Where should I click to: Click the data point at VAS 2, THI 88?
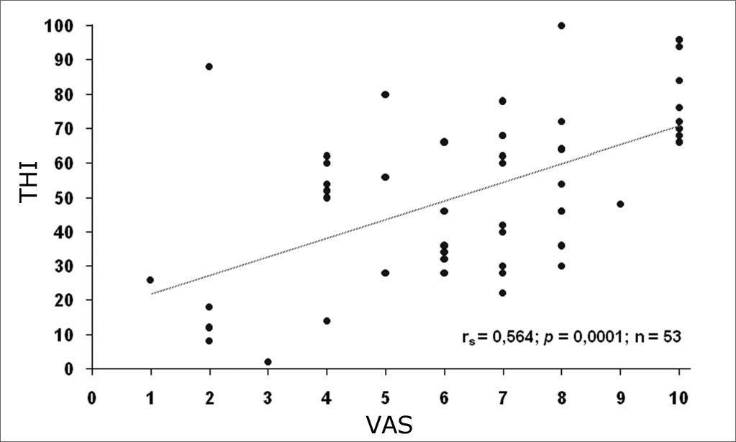(x=209, y=66)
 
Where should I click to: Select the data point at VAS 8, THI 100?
(x=561, y=26)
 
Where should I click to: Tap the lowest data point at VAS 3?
(x=268, y=361)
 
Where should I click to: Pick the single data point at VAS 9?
(x=620, y=204)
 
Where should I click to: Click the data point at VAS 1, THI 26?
(x=150, y=280)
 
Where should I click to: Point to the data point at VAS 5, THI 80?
(x=385, y=94)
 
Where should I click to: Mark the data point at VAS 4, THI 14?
(x=327, y=320)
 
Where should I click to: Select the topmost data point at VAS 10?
(x=679, y=40)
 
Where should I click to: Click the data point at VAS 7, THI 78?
(x=502, y=101)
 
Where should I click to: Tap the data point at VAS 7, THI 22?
(x=502, y=293)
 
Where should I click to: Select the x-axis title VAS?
(x=389, y=425)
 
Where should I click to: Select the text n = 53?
(x=655, y=336)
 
